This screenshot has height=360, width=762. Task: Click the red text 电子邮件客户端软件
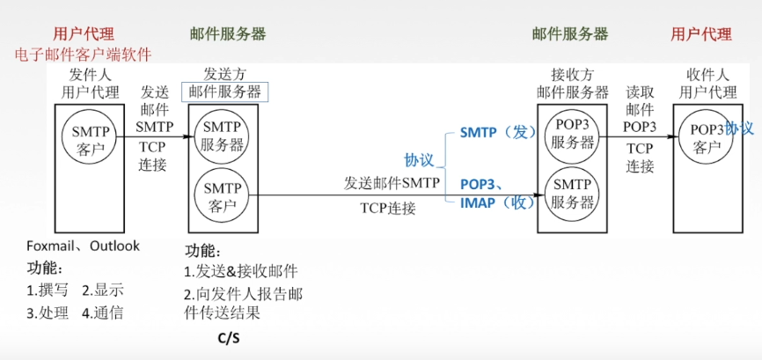(83, 55)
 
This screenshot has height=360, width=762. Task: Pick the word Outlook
(113, 246)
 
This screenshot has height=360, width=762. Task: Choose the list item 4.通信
(103, 312)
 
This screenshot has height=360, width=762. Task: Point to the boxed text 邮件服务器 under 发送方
(225, 92)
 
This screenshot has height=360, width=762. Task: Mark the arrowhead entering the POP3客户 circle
(678, 137)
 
